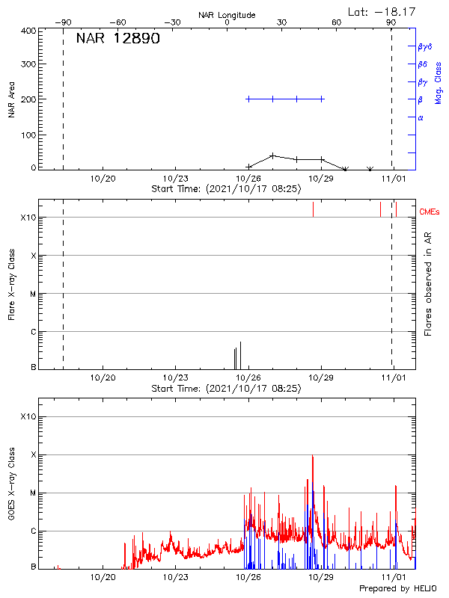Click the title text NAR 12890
117,39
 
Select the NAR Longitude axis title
227,15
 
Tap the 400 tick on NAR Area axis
28,31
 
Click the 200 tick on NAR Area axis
28,99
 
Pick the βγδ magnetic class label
425,46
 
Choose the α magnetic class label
421,117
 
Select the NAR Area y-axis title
11,99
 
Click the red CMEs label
430,212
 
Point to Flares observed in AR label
427,284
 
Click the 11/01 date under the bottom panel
394,578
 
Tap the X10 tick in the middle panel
28,218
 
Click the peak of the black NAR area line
273,155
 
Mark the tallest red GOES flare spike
313,456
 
